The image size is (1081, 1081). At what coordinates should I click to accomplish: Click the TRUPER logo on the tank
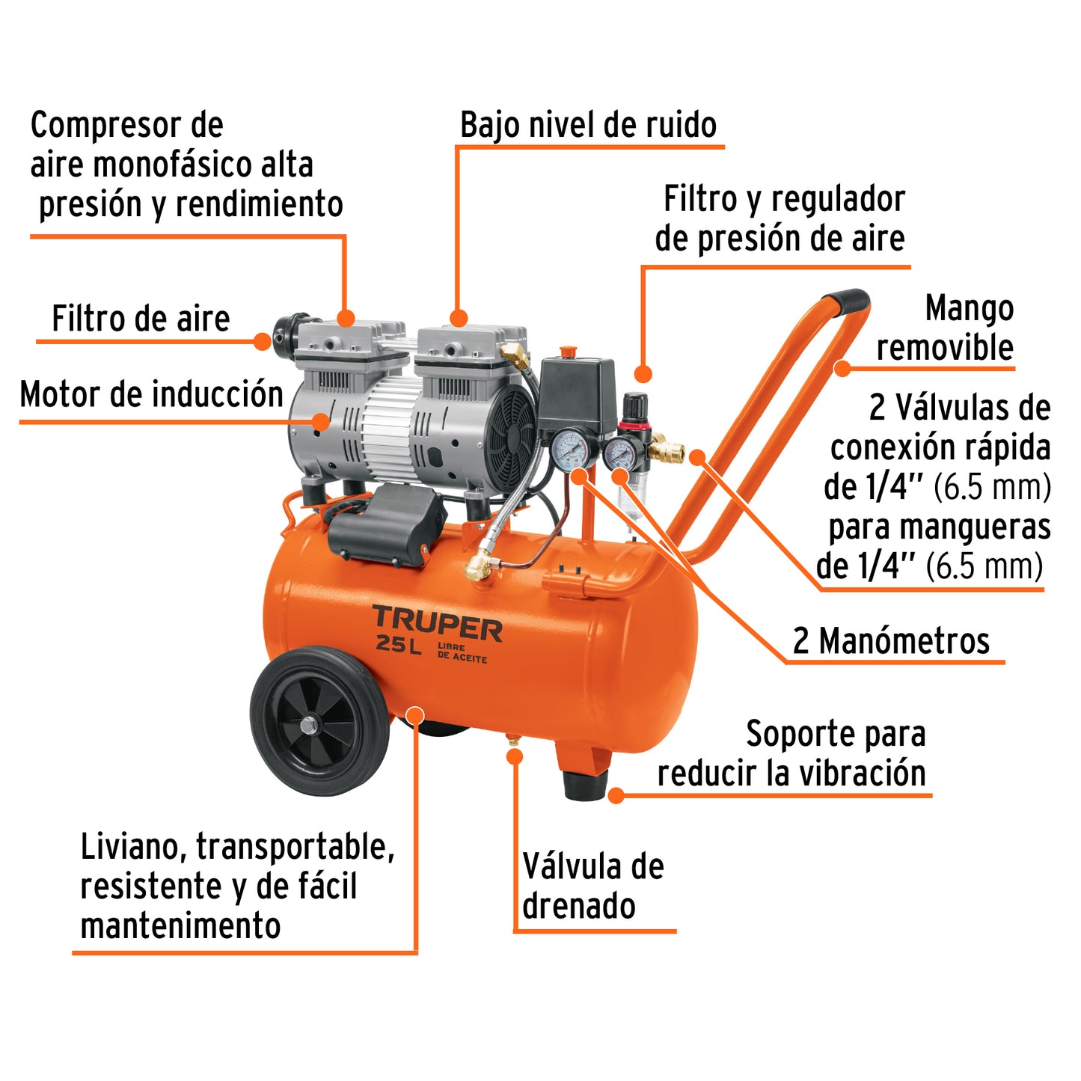coord(438,624)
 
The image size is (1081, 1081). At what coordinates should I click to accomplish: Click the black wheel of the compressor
coord(319,721)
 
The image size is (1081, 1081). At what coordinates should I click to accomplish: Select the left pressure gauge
coord(572,450)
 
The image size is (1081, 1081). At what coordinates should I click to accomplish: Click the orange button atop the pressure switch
coord(569,351)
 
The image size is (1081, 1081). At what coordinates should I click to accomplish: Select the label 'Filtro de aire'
coord(141,319)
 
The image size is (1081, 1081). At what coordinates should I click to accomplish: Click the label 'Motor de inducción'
coord(152,394)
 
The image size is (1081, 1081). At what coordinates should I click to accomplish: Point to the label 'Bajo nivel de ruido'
coord(588,125)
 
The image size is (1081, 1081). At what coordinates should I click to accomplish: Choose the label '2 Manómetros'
coord(891,641)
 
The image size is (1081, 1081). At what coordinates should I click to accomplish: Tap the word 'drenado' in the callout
coord(579,906)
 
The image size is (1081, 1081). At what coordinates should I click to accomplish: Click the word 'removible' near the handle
coord(945,348)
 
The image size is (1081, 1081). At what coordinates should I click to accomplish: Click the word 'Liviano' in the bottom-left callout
coord(134,847)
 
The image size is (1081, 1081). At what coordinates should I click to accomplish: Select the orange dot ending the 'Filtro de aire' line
coord(262,341)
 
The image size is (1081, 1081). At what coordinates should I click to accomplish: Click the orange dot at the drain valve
coord(514,756)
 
